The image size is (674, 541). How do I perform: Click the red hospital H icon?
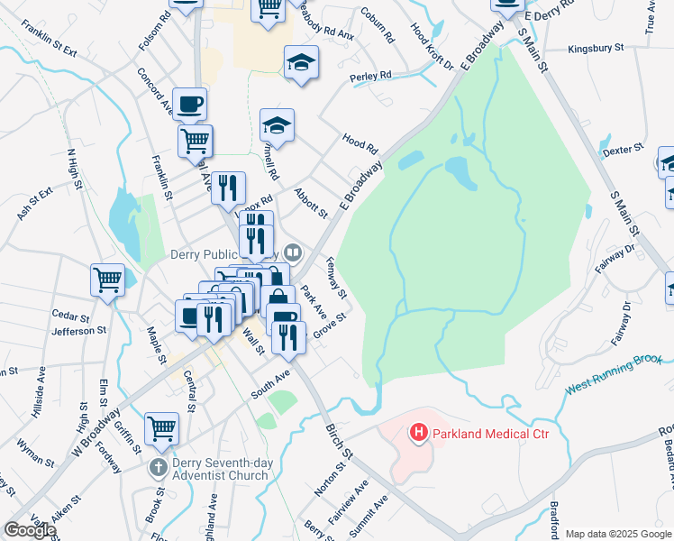(419, 434)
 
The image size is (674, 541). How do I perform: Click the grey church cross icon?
(158, 467)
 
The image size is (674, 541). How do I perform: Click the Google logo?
(30, 530)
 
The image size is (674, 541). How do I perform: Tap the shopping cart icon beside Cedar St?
(107, 280)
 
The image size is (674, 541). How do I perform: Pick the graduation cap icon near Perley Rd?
(302, 62)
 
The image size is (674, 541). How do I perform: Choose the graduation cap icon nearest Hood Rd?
(278, 125)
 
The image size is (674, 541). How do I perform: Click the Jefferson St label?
(79, 331)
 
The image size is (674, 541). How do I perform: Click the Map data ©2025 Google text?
(617, 534)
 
